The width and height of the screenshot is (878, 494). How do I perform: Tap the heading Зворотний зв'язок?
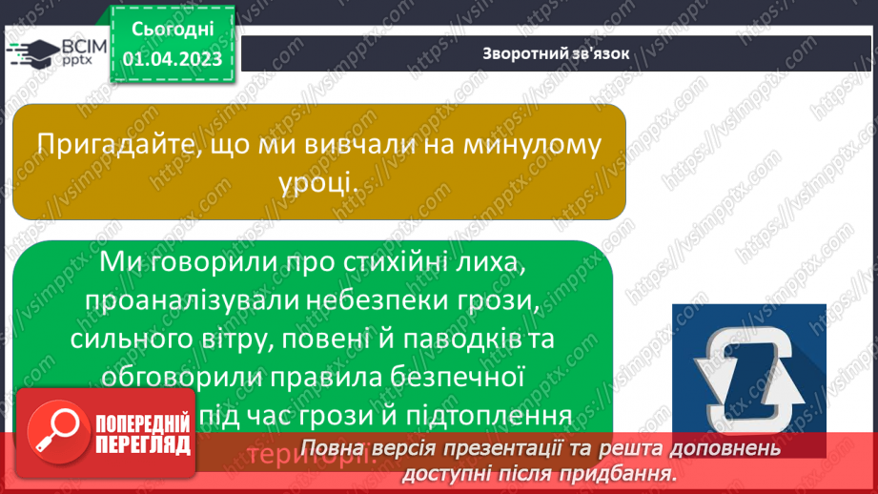(556, 53)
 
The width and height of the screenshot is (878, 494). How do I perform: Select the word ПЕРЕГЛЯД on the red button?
(143, 445)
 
